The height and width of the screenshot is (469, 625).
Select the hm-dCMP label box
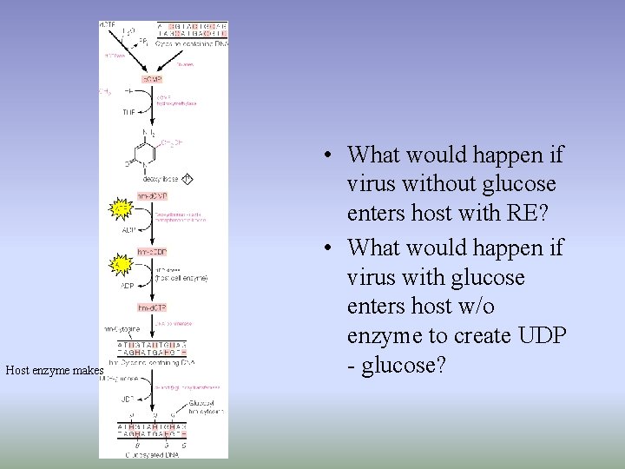(154, 195)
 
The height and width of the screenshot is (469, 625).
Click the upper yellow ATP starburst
(122, 208)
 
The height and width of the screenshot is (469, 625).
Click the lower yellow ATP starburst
(122, 263)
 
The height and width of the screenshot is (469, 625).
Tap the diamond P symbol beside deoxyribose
(187, 179)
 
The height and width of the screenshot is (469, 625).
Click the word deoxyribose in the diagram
(160, 180)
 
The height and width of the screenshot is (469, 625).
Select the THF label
(128, 112)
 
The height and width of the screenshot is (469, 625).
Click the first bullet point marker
(323, 156)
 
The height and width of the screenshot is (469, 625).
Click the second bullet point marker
(323, 249)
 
